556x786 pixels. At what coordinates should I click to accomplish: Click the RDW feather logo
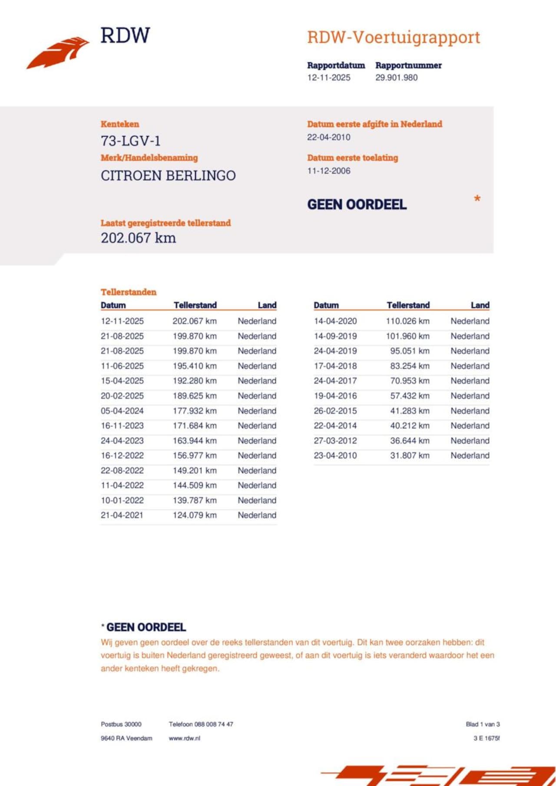(x=58, y=53)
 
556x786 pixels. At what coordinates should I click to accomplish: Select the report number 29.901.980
(x=396, y=78)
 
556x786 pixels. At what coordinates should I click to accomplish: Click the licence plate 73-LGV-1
(x=131, y=141)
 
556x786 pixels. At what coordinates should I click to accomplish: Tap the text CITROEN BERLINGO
(x=168, y=176)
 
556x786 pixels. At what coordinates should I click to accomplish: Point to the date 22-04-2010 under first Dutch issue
(x=328, y=137)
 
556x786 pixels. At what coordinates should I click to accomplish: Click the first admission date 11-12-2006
(x=328, y=171)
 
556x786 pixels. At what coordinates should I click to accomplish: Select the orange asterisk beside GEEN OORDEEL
(x=477, y=199)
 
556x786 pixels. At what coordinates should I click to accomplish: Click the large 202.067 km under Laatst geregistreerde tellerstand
(x=138, y=238)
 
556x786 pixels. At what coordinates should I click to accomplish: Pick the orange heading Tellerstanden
(x=129, y=292)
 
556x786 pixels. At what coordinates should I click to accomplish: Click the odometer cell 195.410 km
(x=195, y=366)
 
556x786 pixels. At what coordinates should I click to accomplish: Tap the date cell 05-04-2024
(x=122, y=411)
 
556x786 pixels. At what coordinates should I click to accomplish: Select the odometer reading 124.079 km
(x=195, y=515)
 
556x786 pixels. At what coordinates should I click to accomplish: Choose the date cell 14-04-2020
(x=335, y=321)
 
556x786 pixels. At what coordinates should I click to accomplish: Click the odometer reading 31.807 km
(x=410, y=455)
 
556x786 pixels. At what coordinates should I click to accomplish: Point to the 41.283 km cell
(x=410, y=411)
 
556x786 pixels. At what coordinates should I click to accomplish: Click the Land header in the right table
(x=480, y=305)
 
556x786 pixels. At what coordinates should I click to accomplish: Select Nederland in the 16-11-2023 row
(x=257, y=426)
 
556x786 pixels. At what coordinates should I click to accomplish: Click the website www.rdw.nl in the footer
(x=184, y=738)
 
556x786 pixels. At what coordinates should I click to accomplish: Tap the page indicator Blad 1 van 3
(x=483, y=724)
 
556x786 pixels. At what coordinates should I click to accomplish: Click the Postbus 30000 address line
(x=121, y=724)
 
